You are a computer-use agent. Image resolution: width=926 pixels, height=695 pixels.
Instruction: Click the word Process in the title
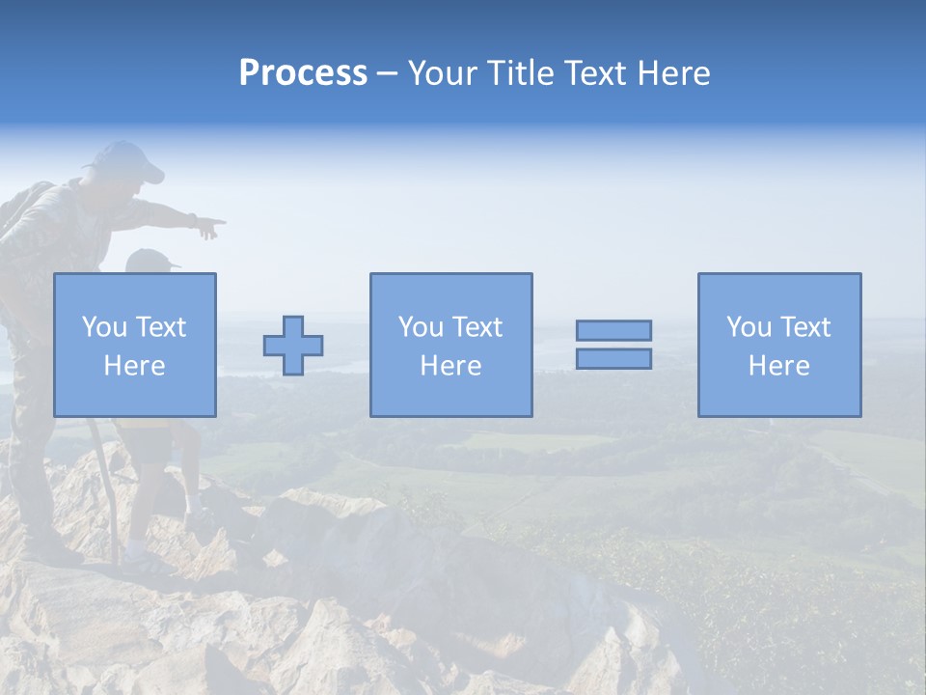[x=303, y=73]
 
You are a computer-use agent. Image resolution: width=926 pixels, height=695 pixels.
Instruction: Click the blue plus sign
[x=293, y=346]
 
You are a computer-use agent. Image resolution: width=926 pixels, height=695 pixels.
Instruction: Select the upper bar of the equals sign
[x=613, y=330]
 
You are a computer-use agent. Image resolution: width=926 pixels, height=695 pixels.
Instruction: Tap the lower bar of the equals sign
[x=613, y=358]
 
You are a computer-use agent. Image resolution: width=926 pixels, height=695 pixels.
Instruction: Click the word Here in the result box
[x=779, y=366]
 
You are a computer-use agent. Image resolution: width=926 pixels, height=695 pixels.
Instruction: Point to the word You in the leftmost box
[x=103, y=327]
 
